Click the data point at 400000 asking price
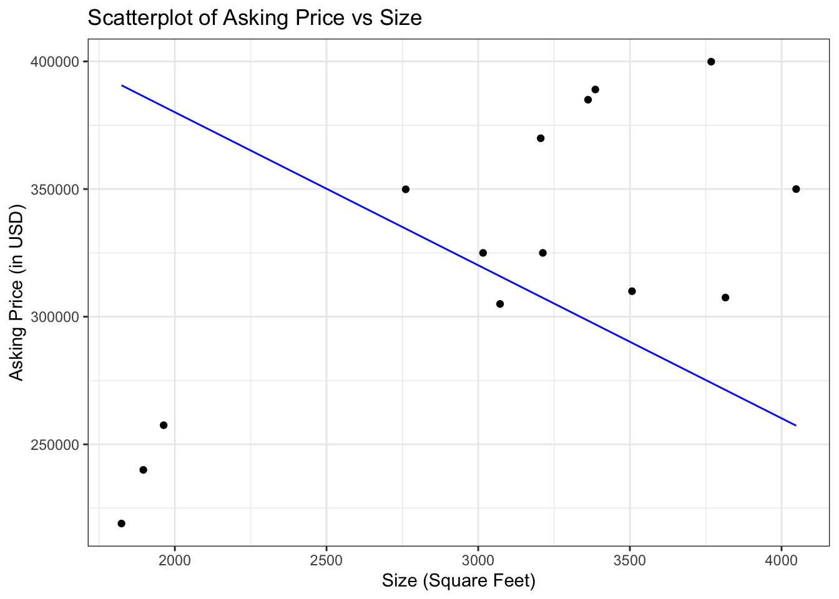pos(711,62)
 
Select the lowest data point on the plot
pos(121,524)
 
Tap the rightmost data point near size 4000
pos(796,189)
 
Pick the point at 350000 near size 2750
pos(406,189)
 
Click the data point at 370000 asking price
pos(541,138)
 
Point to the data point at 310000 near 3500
pos(632,291)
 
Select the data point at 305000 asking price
pos(500,304)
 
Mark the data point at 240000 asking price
pos(143,470)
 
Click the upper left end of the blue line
pos(122,85)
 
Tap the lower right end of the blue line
pos(795,425)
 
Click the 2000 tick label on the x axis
pos(175,560)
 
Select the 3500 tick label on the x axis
pos(630,560)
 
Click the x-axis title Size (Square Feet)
pos(459,582)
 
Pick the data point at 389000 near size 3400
pos(595,89)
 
